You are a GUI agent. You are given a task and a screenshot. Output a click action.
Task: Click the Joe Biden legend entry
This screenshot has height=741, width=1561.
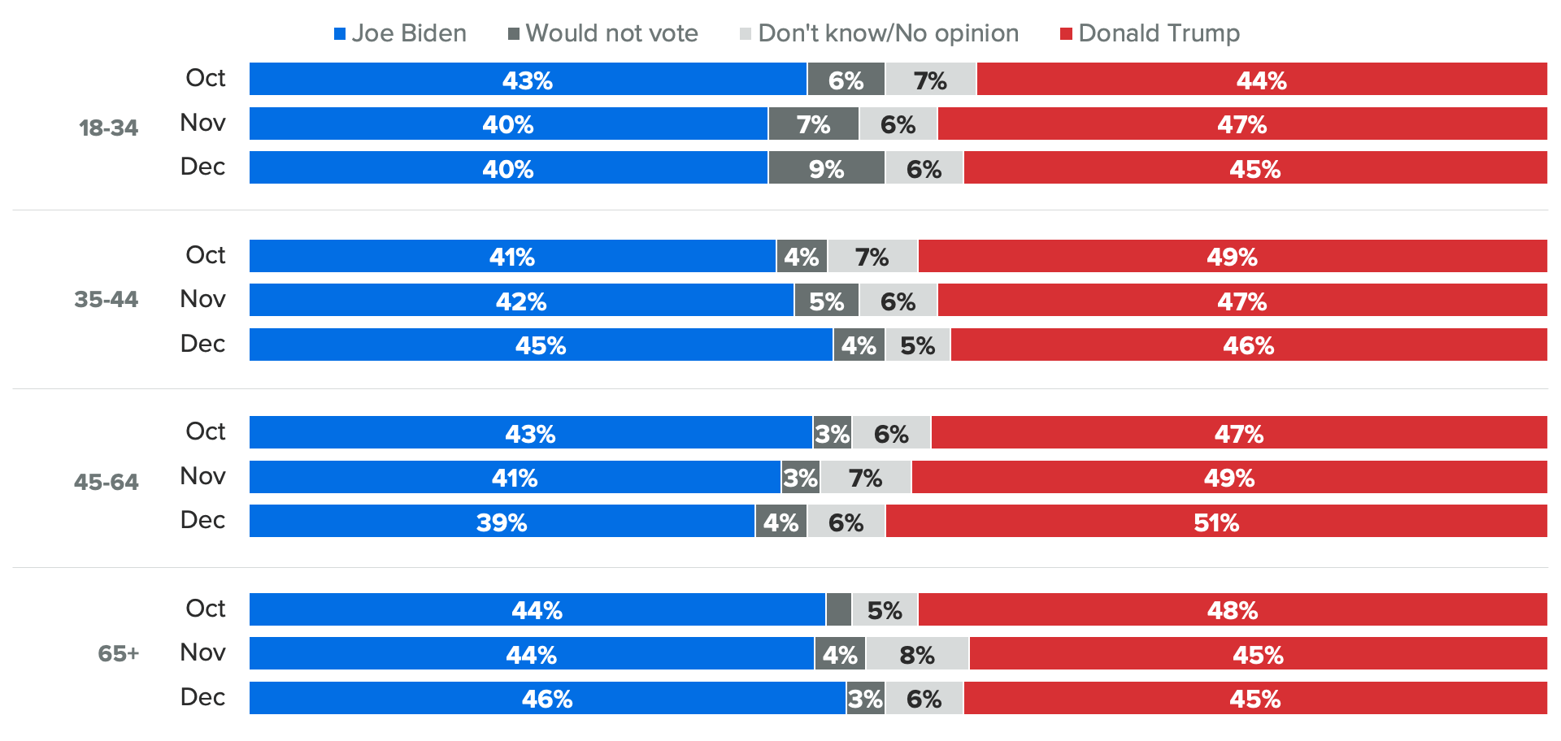coord(400,33)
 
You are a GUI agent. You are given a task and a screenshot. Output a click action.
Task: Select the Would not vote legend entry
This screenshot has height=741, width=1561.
coord(602,33)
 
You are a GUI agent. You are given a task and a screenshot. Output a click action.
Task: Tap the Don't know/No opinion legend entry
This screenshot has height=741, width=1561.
coord(879,33)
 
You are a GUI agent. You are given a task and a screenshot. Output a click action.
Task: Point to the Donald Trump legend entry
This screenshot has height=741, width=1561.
coord(1150,33)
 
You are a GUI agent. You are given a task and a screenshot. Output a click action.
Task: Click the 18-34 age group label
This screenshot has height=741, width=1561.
coord(108,128)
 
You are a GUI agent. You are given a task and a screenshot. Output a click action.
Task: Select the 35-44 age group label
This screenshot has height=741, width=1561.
coord(107,300)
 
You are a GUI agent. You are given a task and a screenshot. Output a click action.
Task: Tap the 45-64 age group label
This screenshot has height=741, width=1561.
coord(107,483)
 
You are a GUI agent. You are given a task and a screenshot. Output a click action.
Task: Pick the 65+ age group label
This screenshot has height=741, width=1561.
coord(119,654)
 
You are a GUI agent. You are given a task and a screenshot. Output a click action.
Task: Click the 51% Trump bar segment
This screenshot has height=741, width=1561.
coord(1216,522)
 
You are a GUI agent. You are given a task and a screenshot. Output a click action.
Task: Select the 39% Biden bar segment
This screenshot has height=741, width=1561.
coord(502,522)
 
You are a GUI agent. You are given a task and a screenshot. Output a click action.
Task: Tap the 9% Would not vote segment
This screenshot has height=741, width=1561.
coord(826,168)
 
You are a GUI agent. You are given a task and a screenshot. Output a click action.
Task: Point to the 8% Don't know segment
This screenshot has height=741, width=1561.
coord(917,654)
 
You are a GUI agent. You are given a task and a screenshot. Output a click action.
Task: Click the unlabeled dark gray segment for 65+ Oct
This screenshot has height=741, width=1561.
coord(838,610)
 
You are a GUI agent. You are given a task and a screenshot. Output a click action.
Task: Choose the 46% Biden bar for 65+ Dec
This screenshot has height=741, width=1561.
coord(547,699)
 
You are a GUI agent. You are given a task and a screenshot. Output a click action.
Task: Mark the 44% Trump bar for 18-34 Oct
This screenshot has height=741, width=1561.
coord(1261,80)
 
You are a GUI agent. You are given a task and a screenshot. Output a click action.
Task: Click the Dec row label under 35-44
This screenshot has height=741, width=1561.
coord(202,344)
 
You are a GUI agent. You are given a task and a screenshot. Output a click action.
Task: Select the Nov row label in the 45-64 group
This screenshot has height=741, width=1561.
coord(202,476)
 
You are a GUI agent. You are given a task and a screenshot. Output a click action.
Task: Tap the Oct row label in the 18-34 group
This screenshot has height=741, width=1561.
coord(205,78)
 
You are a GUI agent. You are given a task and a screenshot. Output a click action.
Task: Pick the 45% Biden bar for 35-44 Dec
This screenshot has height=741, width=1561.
coord(541,345)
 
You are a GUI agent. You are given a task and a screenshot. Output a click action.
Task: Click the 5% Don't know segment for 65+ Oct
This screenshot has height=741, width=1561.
coord(885,610)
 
